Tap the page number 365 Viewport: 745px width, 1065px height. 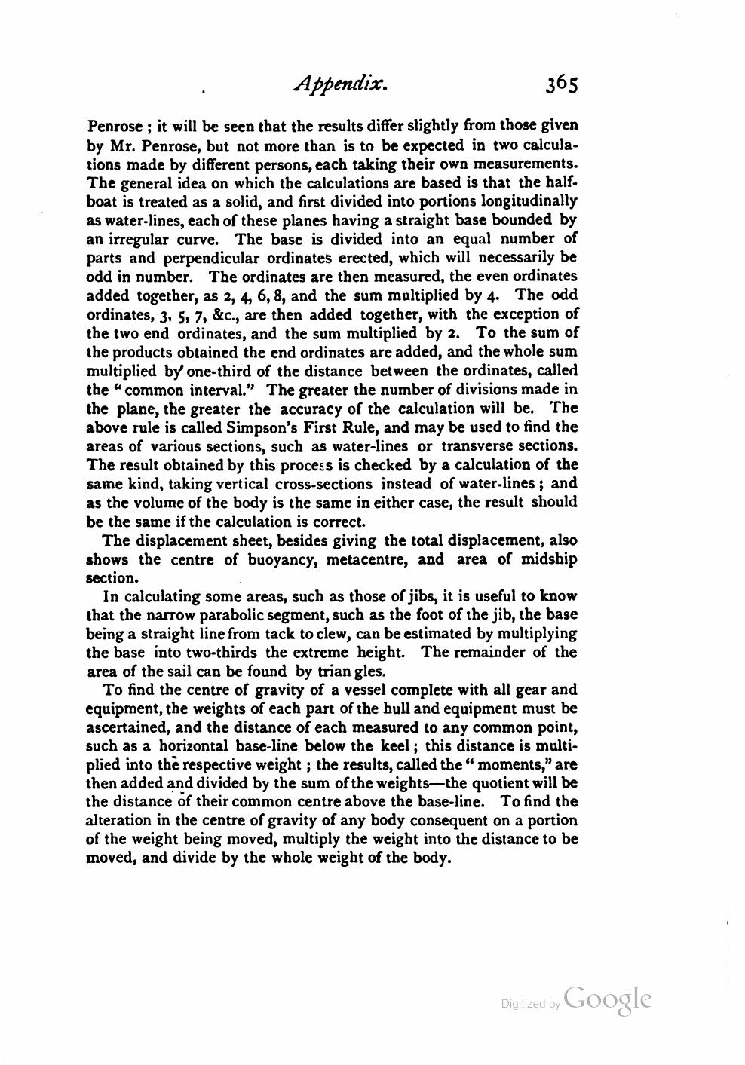(558, 84)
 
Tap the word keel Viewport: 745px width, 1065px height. (397, 746)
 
